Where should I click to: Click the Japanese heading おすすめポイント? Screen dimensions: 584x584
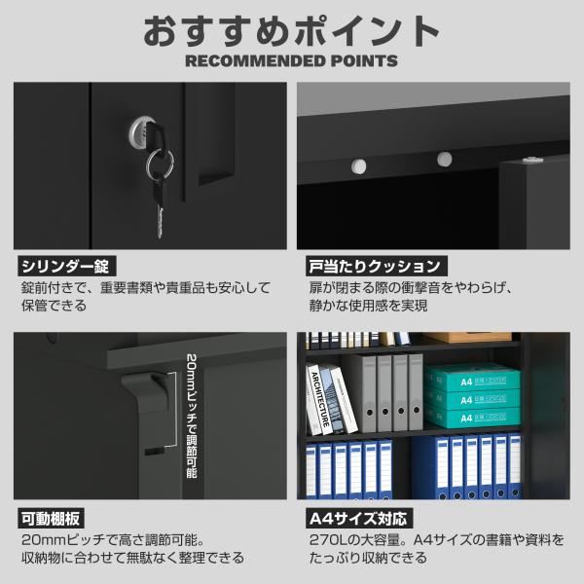pos(291,31)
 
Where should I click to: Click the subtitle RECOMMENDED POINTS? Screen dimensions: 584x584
pos(291,61)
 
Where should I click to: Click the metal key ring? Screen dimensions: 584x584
pos(161,164)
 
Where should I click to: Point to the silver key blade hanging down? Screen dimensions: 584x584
pos(160,222)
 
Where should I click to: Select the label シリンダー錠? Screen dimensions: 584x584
pos(66,266)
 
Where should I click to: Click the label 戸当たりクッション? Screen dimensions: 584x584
pos(376,266)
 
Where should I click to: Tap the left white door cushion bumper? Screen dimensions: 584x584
pos(358,166)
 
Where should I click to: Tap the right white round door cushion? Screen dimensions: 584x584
pos(445,159)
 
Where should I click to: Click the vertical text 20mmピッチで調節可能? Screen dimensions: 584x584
pos(192,416)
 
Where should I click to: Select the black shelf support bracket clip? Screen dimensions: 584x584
pos(146,391)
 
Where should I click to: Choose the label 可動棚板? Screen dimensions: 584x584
pos(51,518)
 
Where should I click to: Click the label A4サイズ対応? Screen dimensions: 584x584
pos(359,518)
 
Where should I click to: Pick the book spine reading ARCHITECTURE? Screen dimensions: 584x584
pos(320,399)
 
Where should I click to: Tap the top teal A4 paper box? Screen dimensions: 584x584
pos(472,379)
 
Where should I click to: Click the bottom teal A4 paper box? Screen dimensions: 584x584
pos(472,418)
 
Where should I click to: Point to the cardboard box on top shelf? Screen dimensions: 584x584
pos(467,338)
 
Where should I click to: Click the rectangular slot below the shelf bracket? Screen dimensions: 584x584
pos(154,452)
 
